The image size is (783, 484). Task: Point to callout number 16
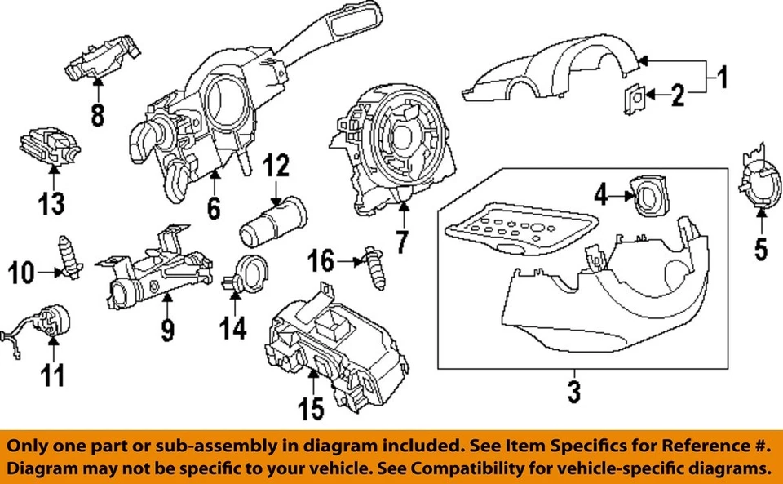pos(321,261)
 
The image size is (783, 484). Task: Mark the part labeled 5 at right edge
pos(757,181)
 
